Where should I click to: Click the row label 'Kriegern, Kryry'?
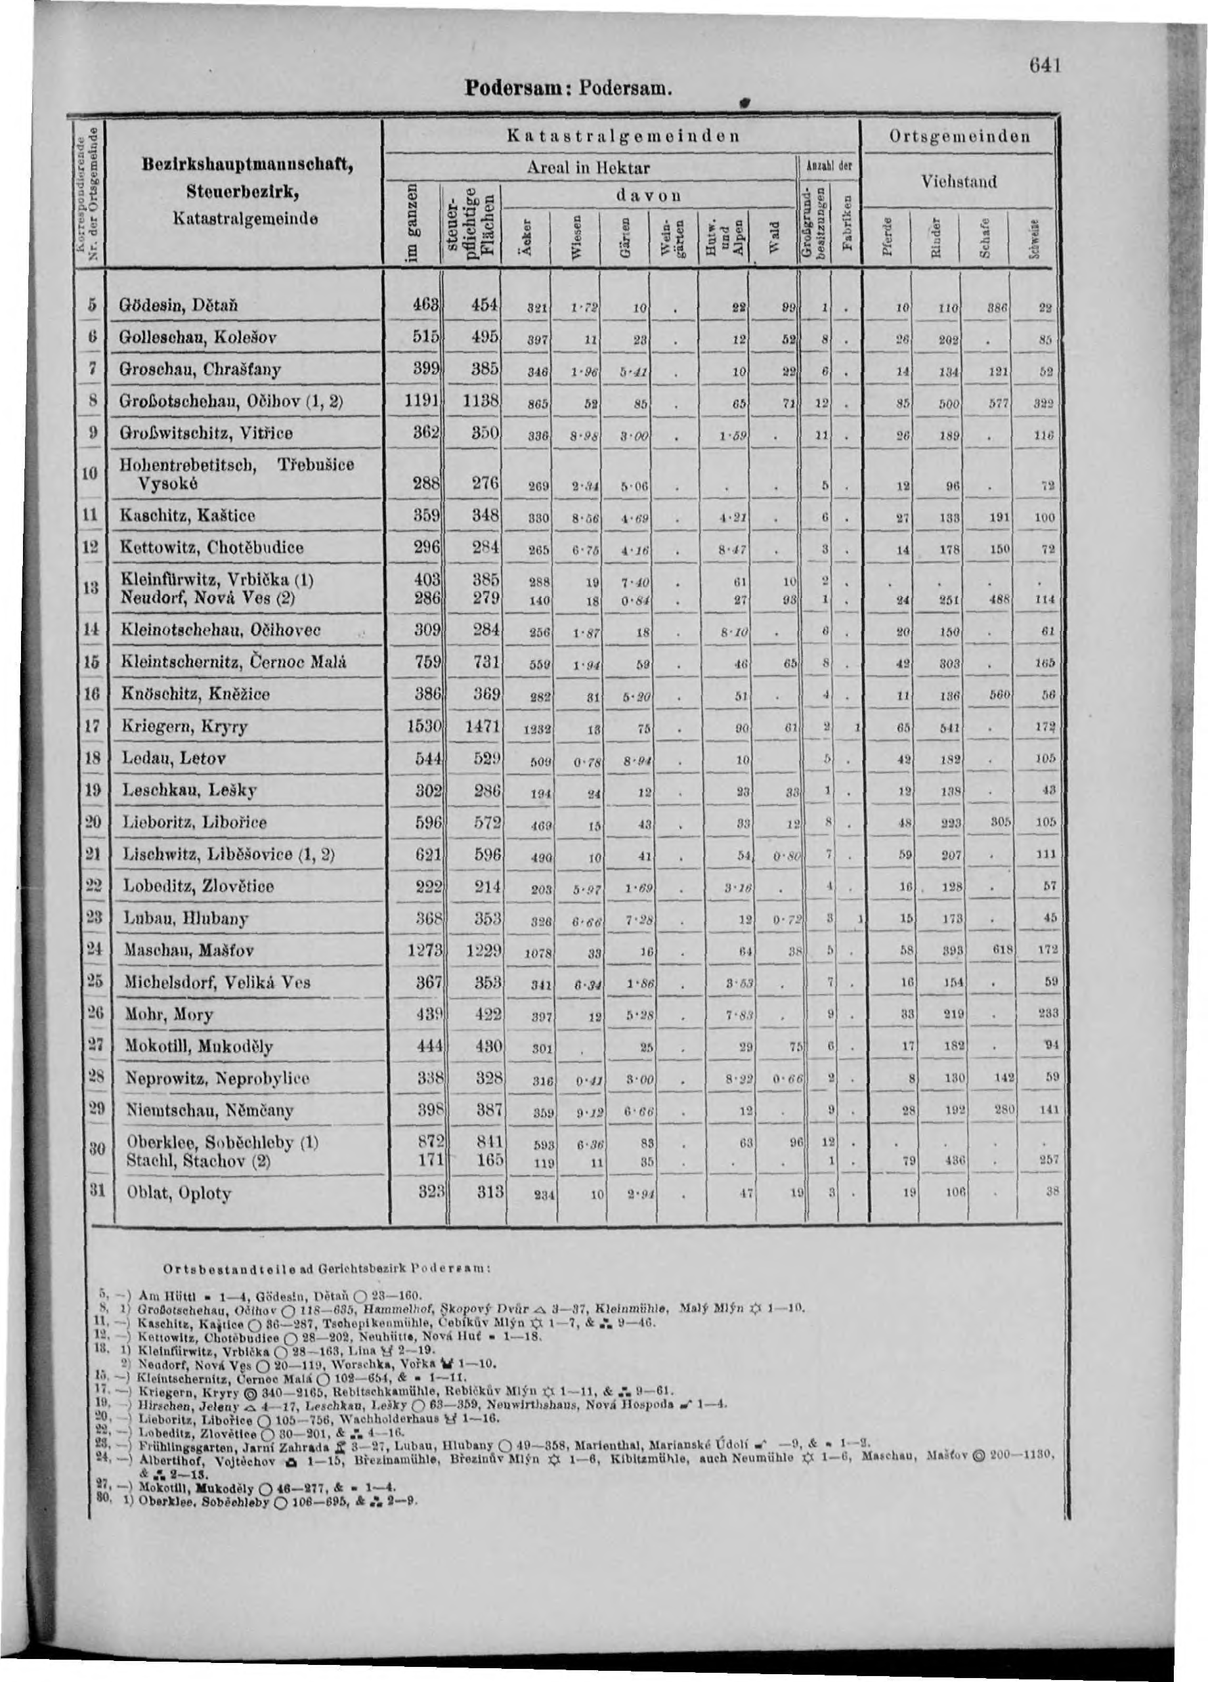[184, 726]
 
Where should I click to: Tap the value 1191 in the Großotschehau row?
[423, 401]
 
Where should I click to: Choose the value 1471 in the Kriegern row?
[483, 725]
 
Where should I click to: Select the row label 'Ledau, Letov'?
[173, 759]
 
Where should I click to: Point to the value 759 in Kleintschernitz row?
[427, 662]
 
